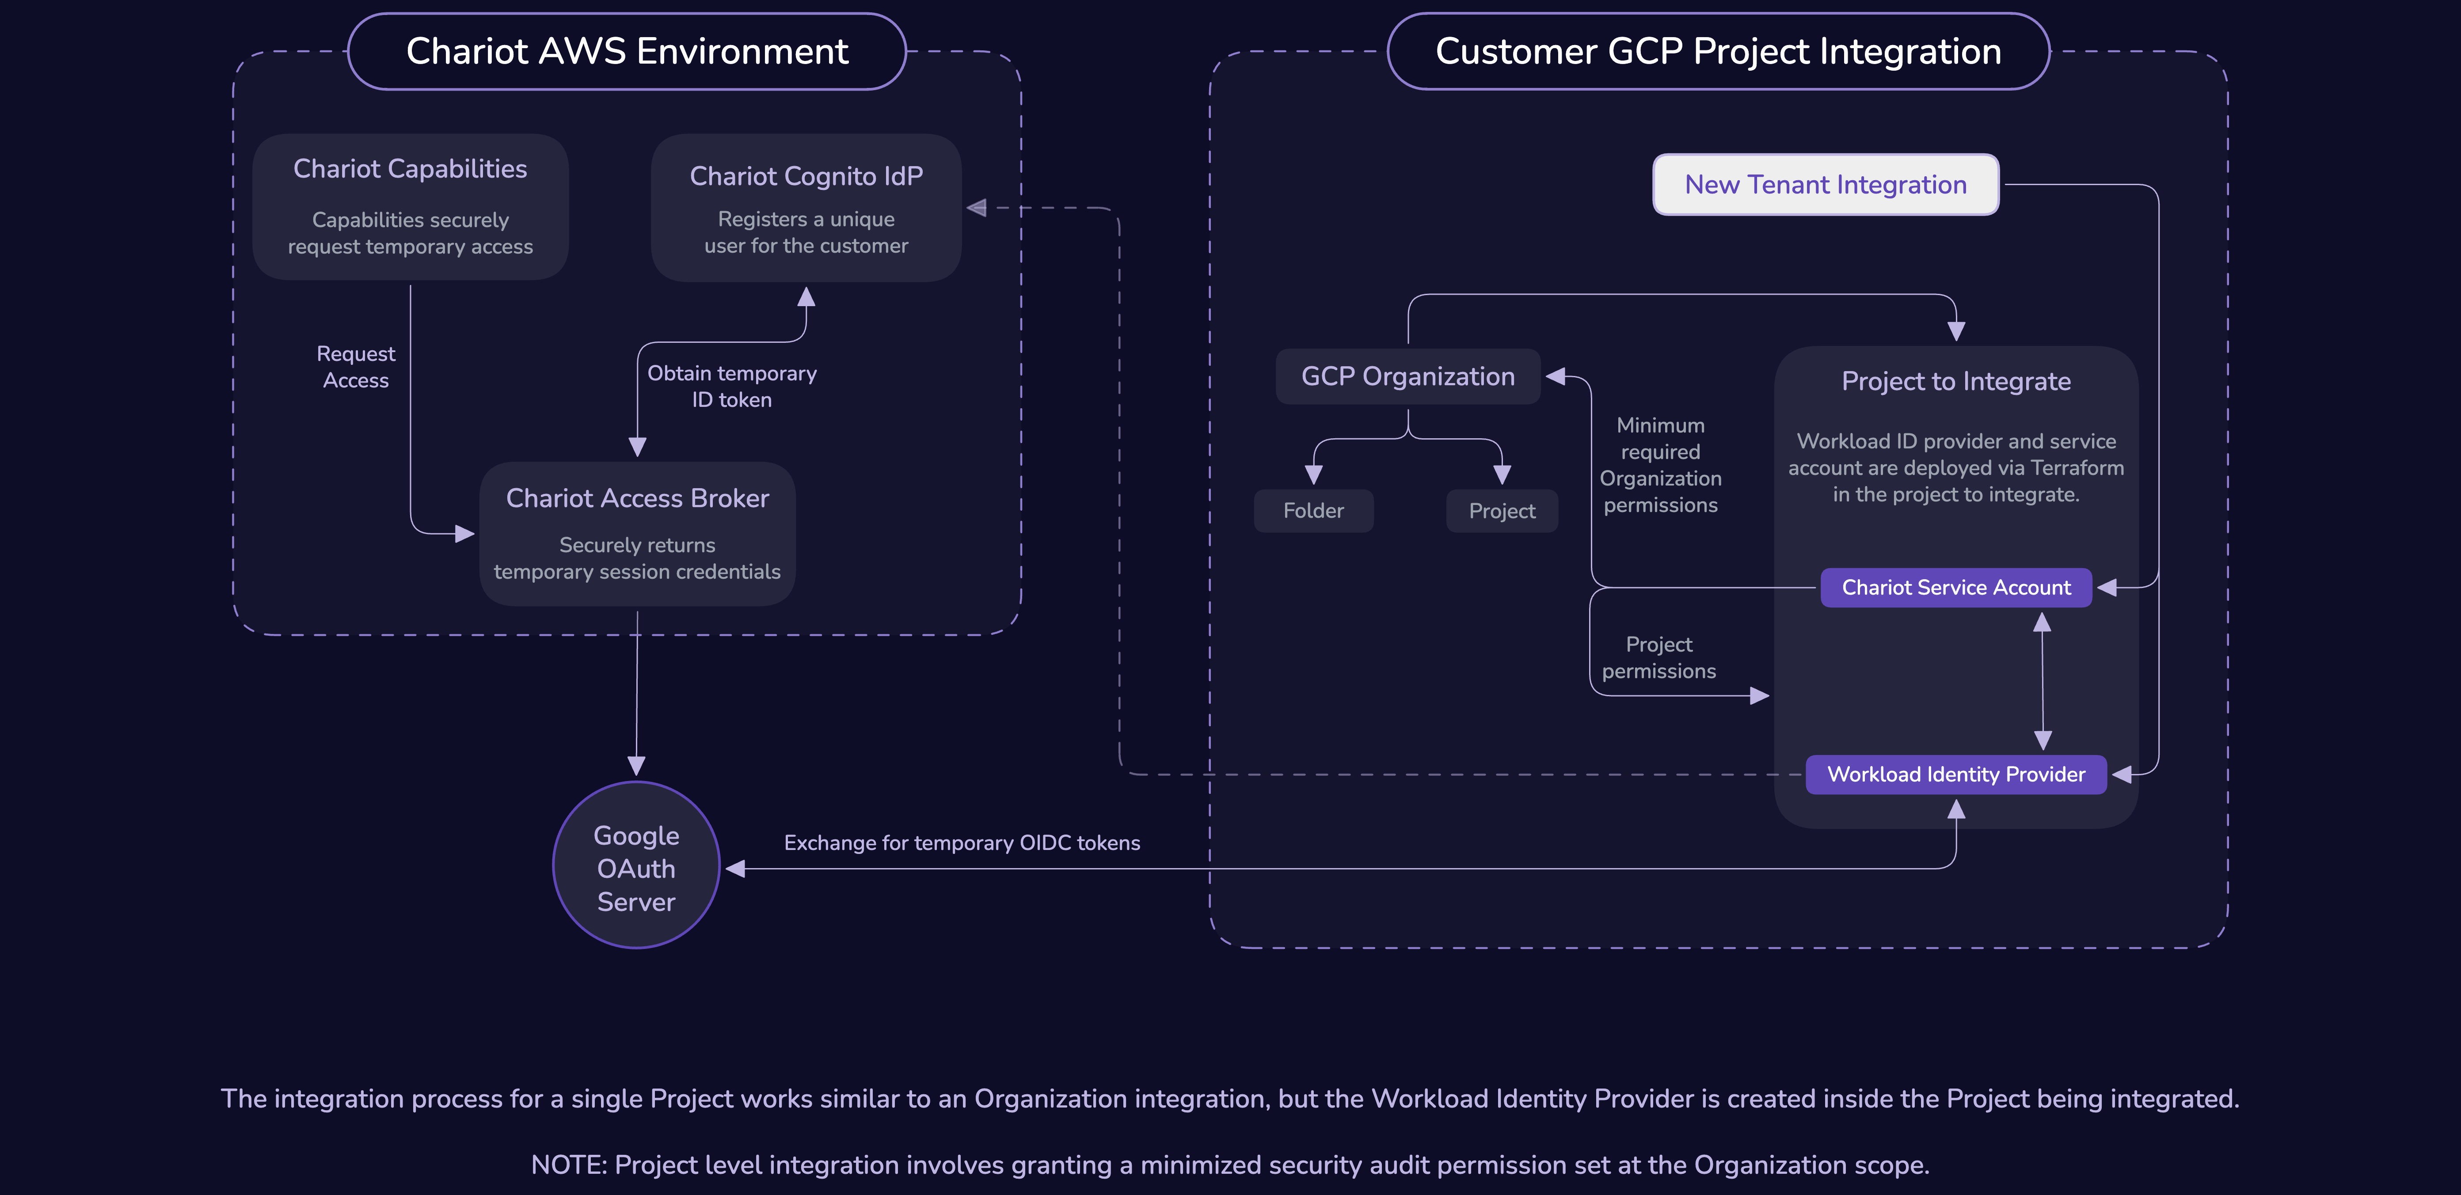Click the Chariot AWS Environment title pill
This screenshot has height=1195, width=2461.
click(x=627, y=52)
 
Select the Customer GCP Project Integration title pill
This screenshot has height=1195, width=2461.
click(x=1718, y=52)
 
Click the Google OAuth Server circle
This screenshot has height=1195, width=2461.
click(x=636, y=865)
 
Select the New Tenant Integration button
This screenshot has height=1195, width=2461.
click(x=1826, y=184)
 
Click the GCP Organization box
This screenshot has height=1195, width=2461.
click(x=1408, y=376)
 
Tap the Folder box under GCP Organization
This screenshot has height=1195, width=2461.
click(x=1314, y=511)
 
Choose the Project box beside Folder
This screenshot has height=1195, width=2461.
click(x=1502, y=511)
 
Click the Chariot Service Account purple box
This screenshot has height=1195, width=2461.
click(x=1957, y=588)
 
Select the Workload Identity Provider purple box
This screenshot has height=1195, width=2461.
click(x=1957, y=775)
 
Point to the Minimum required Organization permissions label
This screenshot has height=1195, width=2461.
click(x=1660, y=465)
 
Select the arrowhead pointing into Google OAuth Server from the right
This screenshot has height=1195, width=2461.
click(x=734, y=869)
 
